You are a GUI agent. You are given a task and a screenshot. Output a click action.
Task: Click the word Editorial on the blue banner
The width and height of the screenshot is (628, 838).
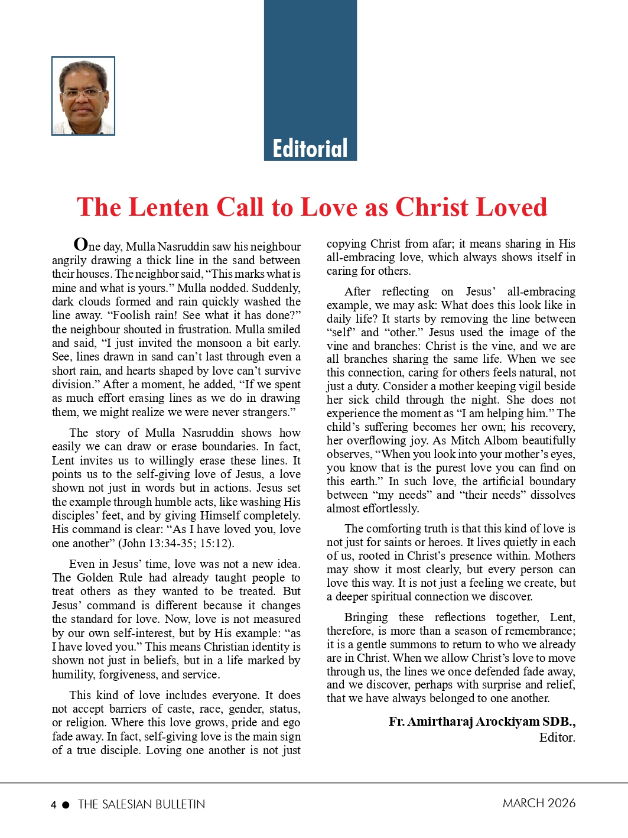pos(310,148)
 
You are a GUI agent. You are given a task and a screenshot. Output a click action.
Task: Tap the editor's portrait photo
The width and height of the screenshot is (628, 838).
pos(83,96)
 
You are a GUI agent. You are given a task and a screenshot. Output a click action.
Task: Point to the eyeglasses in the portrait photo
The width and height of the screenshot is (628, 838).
pos(83,93)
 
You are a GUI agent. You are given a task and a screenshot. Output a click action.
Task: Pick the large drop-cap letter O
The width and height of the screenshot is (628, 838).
pos(81,244)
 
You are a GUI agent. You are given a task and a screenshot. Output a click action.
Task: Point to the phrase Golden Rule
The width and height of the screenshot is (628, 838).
pos(108,577)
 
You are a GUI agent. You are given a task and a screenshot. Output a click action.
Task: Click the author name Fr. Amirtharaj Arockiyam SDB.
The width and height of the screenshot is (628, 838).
pos(481,722)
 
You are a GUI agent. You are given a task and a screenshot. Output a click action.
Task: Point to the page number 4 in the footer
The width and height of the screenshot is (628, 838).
pos(54,805)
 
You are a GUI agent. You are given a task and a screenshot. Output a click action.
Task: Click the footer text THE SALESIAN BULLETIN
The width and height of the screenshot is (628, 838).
pos(141,804)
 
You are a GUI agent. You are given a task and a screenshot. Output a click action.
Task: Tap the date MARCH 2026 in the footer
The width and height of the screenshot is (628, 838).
pos(539,803)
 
